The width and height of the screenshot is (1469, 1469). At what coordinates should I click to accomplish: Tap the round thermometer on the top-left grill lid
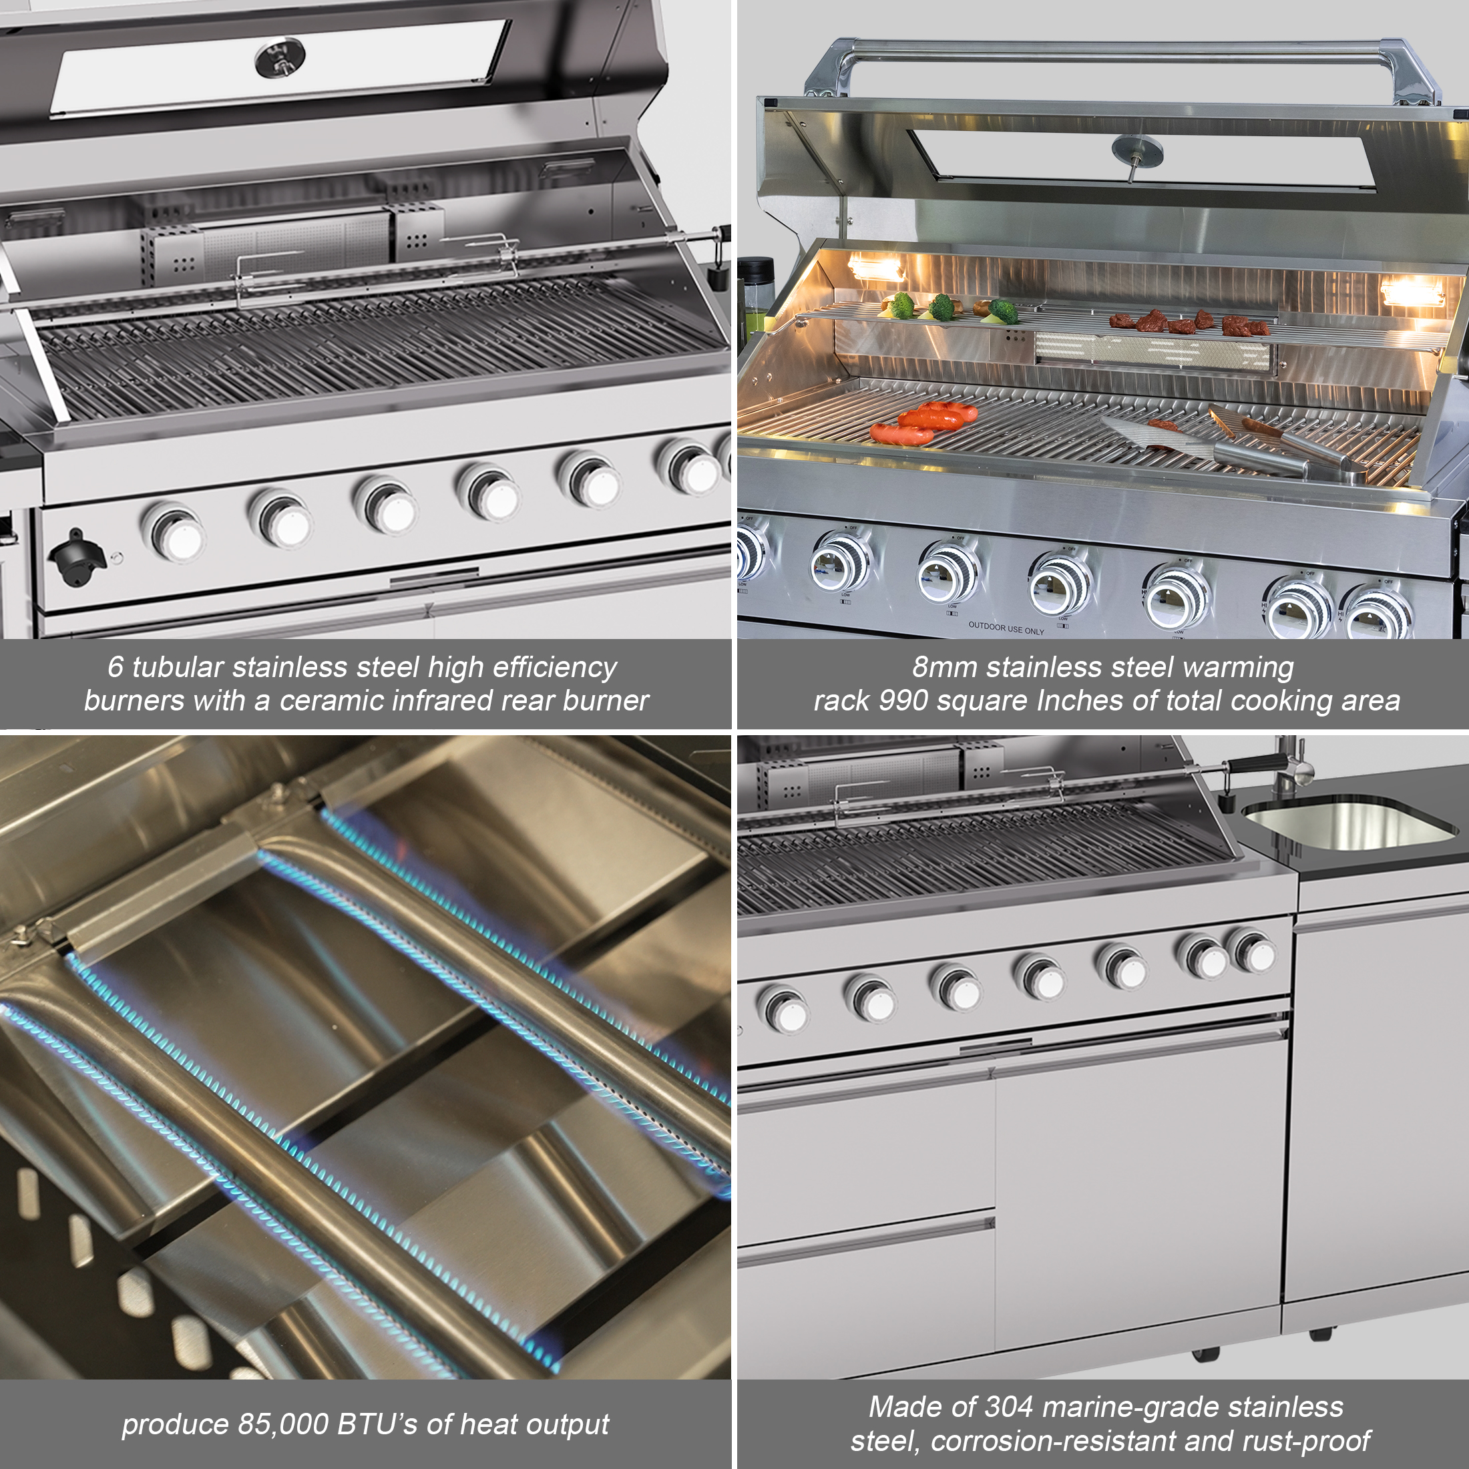coord(280,59)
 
